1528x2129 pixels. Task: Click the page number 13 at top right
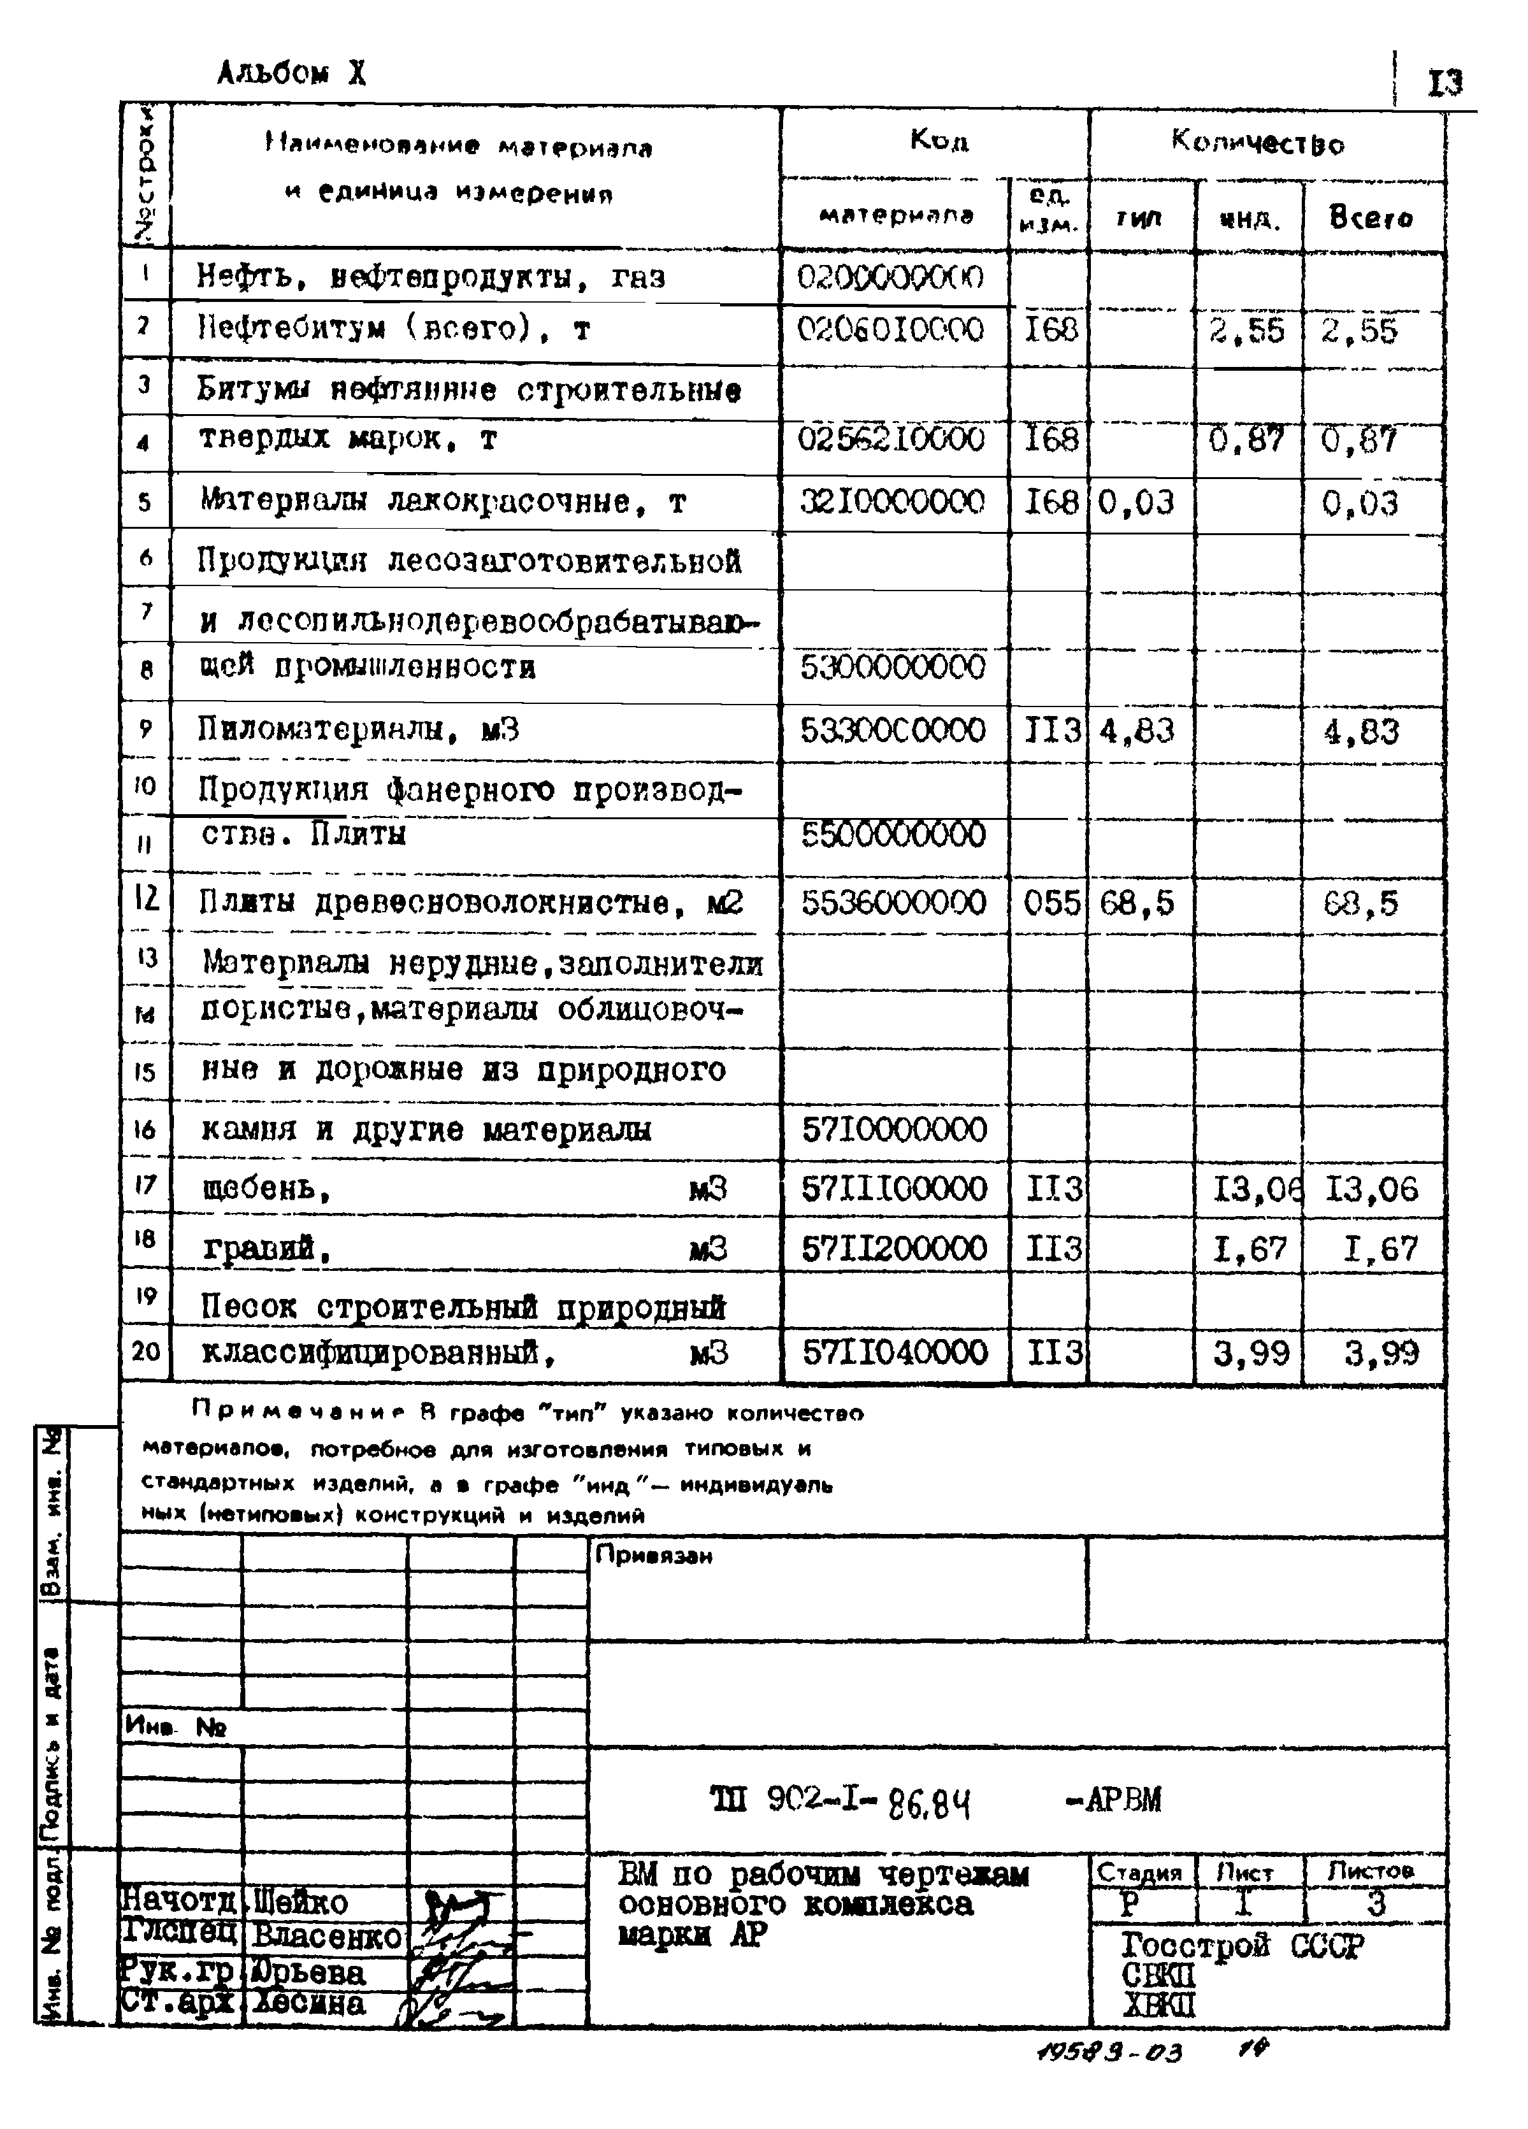[x=1445, y=85]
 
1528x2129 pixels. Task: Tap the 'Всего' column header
[x=1370, y=219]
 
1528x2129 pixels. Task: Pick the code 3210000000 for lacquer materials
[x=892, y=502]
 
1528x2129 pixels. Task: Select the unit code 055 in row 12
[x=1050, y=903]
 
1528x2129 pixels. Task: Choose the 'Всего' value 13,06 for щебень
[x=1371, y=1189]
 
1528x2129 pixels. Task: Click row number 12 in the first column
[x=145, y=900]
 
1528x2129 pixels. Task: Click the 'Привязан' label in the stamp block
[x=654, y=1556]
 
